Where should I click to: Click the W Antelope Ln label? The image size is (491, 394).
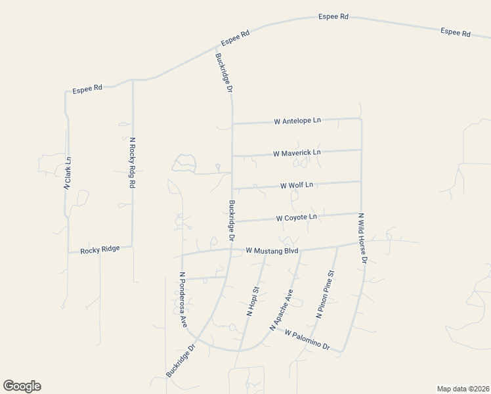click(x=297, y=121)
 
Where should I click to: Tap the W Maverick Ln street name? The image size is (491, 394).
click(x=297, y=153)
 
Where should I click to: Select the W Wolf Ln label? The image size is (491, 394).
click(x=297, y=185)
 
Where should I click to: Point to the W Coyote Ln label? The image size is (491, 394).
click(x=296, y=217)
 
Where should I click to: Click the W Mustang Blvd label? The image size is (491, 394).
click(x=272, y=251)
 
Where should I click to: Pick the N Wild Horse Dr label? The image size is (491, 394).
click(x=362, y=238)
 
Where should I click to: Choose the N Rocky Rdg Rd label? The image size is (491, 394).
click(x=132, y=163)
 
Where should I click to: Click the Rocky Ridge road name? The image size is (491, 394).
click(x=100, y=251)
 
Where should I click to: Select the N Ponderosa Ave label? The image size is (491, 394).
click(x=184, y=300)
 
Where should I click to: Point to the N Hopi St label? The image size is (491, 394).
click(x=253, y=301)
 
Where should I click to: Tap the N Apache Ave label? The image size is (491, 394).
click(x=281, y=309)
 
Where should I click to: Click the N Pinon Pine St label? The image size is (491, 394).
click(x=326, y=295)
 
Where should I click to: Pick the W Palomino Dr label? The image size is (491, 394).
click(x=307, y=339)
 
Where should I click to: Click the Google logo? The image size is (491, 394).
click(x=22, y=386)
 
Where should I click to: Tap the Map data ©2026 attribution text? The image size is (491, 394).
click(x=463, y=389)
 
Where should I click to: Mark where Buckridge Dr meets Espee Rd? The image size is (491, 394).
click(x=216, y=48)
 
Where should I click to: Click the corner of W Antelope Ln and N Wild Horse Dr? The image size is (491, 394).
click(x=361, y=119)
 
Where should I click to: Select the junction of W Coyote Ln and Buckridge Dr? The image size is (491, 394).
click(x=233, y=221)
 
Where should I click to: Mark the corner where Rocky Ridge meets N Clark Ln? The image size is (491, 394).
click(x=68, y=252)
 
